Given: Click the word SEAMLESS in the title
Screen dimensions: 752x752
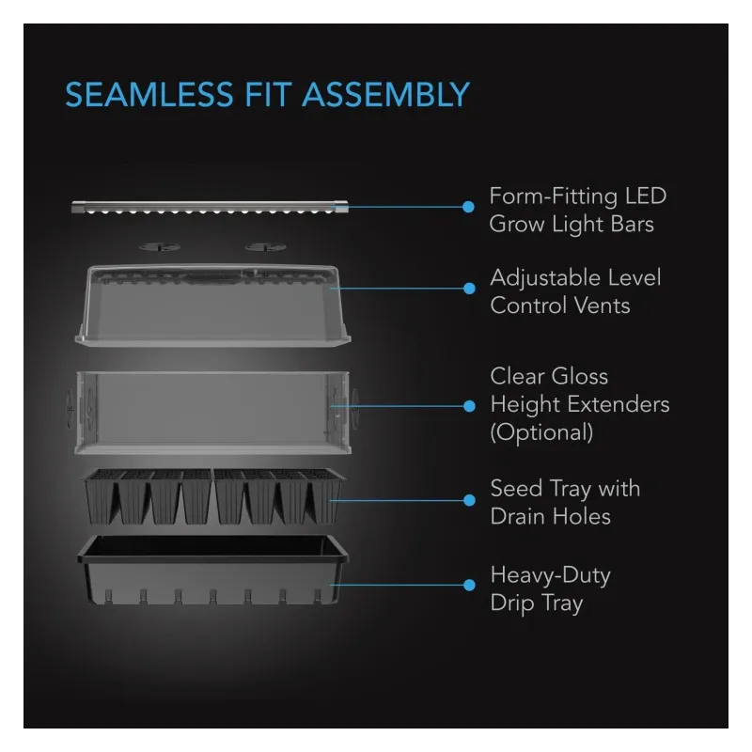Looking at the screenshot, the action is (149, 95).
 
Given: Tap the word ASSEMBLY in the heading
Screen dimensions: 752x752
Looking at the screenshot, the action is (386, 95).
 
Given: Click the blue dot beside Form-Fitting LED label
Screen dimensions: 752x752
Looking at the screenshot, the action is (468, 207).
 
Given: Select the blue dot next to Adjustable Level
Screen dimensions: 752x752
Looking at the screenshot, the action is (469, 289).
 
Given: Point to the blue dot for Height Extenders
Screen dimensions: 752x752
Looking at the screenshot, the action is (469, 406).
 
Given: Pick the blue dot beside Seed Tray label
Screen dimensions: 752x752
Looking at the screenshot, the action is (469, 500).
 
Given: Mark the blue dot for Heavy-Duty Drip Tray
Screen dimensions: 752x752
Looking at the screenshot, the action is (469, 585).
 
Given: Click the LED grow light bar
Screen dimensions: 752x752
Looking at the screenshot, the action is (210, 207).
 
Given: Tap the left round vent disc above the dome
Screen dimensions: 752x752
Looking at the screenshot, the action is (160, 247).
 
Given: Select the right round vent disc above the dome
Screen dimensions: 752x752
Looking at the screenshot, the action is (266, 247).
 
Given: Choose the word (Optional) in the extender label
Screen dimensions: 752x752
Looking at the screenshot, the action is (542, 432).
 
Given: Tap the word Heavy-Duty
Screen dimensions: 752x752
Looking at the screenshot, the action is (551, 576).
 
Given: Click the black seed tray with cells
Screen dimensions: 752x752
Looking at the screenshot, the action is (213, 496).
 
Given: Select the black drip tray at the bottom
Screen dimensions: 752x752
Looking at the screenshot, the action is (213, 570).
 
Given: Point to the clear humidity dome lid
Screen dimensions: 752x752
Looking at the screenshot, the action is (213, 305).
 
